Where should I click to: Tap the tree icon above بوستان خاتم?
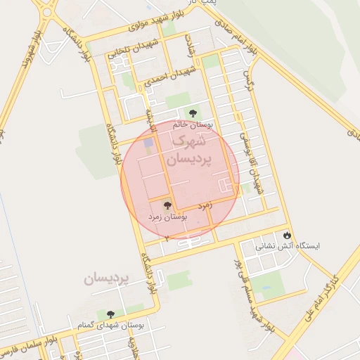coord(192,112)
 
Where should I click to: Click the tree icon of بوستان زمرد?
coord(167,206)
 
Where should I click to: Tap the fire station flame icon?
coord(287,235)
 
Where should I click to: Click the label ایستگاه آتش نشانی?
coord(285,247)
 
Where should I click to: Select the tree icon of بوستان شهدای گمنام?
coord(110,314)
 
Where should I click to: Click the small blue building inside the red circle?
coord(148,143)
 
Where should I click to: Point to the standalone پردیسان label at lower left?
coord(106,279)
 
